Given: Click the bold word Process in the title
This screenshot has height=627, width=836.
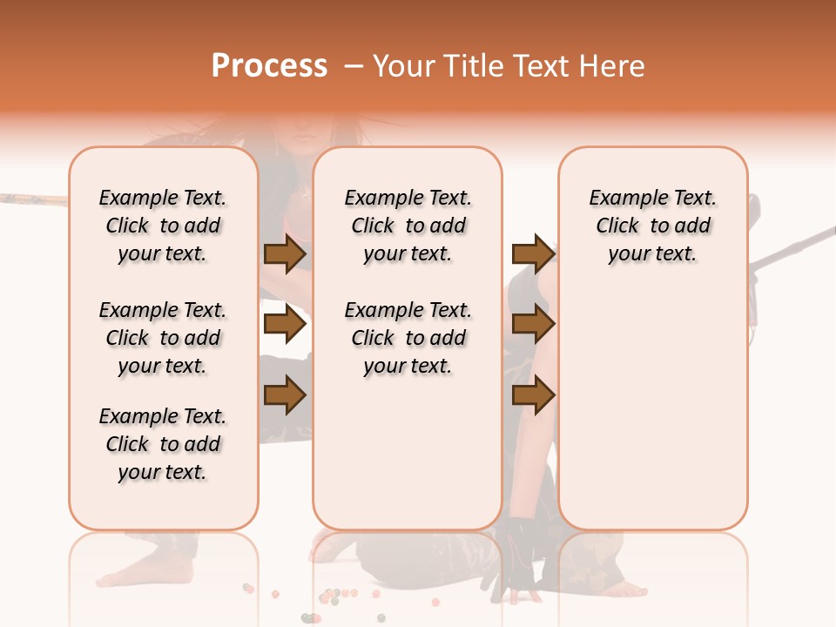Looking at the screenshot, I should point(269,65).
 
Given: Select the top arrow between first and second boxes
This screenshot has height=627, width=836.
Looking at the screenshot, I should point(284,253).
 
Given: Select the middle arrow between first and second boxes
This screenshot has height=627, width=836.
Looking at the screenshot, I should point(284,324).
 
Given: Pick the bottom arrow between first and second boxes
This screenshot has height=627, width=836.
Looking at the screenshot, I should point(284,395).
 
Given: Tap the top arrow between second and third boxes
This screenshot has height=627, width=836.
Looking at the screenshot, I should point(533,253).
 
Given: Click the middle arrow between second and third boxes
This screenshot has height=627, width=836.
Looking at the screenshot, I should point(533,324).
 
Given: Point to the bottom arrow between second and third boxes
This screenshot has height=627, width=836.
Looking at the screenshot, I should point(533,395).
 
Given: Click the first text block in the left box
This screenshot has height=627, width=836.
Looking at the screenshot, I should point(163,226).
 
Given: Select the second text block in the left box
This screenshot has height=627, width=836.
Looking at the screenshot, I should point(163,338).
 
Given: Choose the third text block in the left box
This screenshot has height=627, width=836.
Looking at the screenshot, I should point(163,444).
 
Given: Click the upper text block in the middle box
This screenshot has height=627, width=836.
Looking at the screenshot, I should point(408,226).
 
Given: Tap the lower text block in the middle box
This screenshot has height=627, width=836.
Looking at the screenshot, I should point(408,338).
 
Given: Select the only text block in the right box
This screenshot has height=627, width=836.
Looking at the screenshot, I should point(652,226).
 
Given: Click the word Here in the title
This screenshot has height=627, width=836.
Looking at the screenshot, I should point(614,66).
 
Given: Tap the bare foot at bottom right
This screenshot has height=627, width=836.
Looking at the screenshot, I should point(623,590).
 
